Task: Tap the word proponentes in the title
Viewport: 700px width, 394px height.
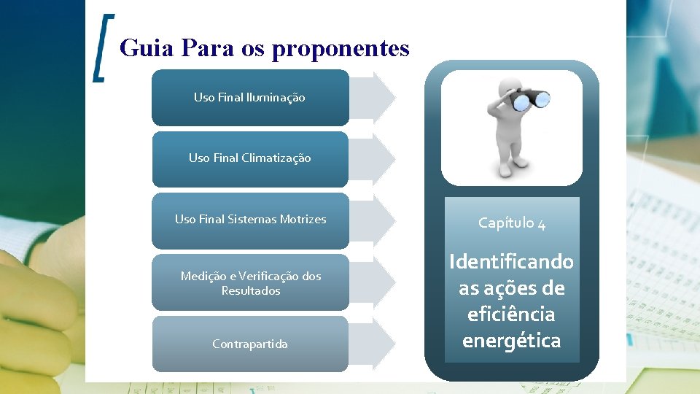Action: (x=341, y=49)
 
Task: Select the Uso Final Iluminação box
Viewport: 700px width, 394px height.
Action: (x=249, y=97)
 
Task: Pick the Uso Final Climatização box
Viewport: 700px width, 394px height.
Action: (x=249, y=158)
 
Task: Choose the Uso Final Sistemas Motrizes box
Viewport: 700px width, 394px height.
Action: (x=249, y=220)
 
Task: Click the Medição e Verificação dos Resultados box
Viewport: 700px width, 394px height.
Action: (x=249, y=283)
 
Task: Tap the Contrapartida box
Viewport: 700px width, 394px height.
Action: (x=249, y=344)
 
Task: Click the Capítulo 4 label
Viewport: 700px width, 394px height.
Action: (x=512, y=223)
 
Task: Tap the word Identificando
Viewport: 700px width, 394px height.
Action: (x=511, y=261)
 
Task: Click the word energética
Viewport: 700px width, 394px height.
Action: (x=511, y=341)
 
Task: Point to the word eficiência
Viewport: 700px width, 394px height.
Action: (x=511, y=314)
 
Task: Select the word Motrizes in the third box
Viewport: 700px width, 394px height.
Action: (x=301, y=219)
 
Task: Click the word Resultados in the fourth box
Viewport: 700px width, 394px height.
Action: (x=250, y=290)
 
